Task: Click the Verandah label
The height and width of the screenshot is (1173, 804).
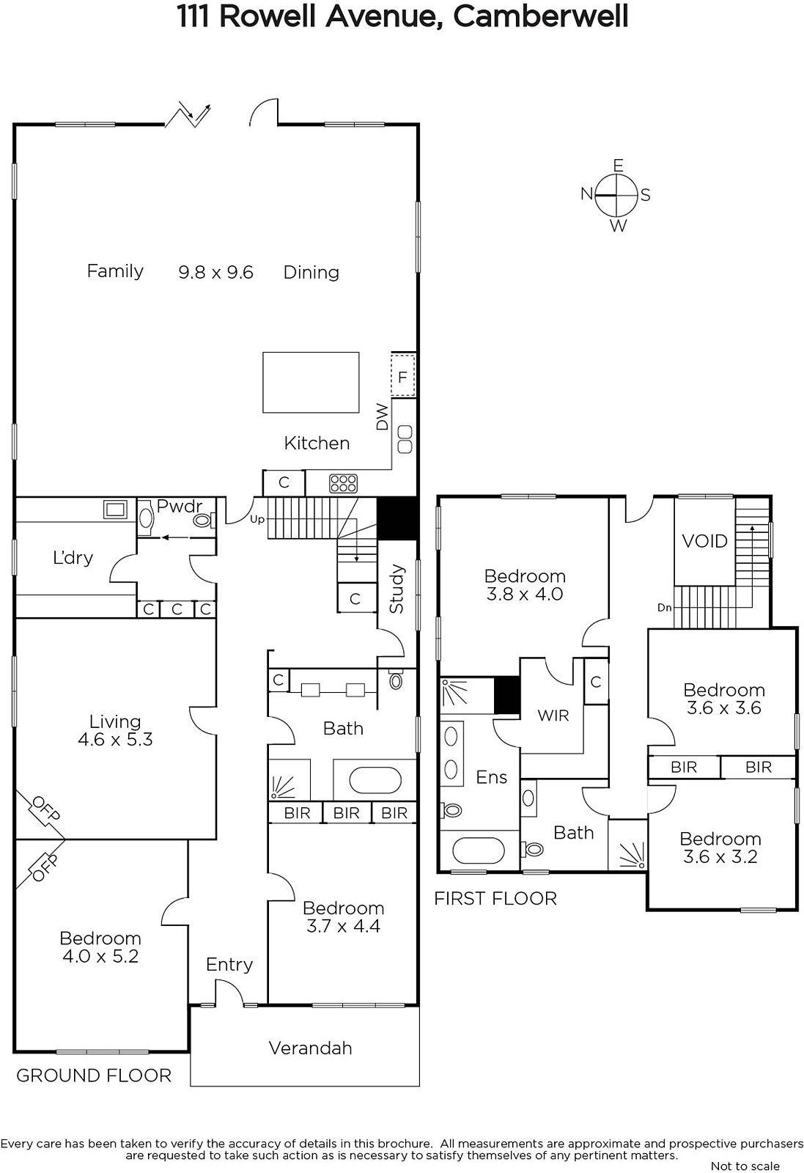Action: coord(311,1048)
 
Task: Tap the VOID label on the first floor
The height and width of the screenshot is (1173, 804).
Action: coord(704,541)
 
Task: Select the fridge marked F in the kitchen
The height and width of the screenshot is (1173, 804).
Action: coord(402,375)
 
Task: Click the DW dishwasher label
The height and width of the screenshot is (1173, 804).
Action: coord(383,417)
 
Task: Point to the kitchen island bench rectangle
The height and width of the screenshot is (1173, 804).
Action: coord(311,382)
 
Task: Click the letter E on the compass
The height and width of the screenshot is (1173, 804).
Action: coord(618,166)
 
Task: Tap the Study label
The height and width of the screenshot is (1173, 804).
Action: coord(397,589)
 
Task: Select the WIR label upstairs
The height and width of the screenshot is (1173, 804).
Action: coord(553,716)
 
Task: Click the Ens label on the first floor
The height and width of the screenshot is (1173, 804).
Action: coord(492,777)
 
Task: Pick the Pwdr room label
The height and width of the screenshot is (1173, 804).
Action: coord(180,506)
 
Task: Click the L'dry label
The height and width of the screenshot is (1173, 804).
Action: coord(73,558)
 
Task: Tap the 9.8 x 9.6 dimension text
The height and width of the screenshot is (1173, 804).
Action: coord(215,272)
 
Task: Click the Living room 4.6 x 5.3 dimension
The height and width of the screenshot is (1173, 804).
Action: coord(115,740)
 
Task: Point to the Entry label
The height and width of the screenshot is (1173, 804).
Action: coord(229,964)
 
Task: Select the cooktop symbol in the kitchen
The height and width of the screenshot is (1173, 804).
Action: coord(344,483)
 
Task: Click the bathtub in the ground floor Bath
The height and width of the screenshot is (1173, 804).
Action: coord(375,782)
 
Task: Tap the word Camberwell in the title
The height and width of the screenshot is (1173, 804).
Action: coord(540,16)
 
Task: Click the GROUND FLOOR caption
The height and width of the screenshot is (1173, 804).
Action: coord(94,1075)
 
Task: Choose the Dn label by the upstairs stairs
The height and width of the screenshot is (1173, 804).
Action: coord(665,608)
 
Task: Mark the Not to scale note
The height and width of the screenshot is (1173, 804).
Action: coord(745,1166)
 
